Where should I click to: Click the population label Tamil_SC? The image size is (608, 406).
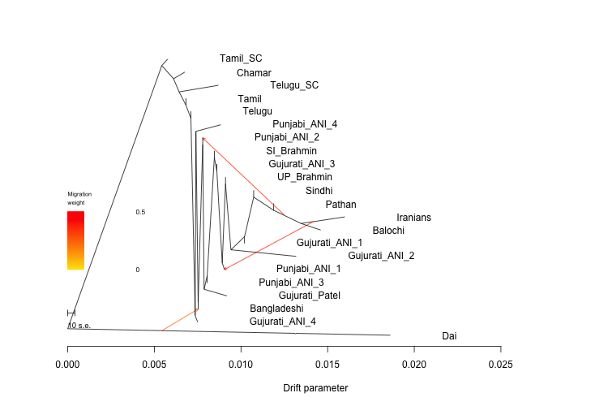click(x=241, y=58)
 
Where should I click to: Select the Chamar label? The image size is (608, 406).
click(x=254, y=73)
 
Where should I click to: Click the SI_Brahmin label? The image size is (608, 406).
click(x=291, y=151)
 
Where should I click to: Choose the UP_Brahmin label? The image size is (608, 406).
click(x=304, y=177)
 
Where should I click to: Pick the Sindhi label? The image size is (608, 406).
click(x=319, y=191)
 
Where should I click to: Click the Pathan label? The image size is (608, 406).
click(x=340, y=205)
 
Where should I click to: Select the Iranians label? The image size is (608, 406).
click(x=413, y=218)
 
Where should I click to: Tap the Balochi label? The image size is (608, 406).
click(x=388, y=231)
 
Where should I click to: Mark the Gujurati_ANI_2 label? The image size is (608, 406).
click(x=381, y=256)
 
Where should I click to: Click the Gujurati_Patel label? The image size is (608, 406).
click(x=309, y=296)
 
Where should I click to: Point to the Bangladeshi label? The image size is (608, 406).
click(x=276, y=309)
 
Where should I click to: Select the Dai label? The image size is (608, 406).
click(x=449, y=336)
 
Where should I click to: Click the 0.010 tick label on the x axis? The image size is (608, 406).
click(x=242, y=363)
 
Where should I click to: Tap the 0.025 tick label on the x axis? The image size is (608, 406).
click(x=501, y=363)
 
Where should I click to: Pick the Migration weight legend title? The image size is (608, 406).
click(x=79, y=198)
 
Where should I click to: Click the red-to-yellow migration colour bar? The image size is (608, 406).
click(x=75, y=240)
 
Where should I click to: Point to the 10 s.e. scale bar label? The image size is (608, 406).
click(x=79, y=326)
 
